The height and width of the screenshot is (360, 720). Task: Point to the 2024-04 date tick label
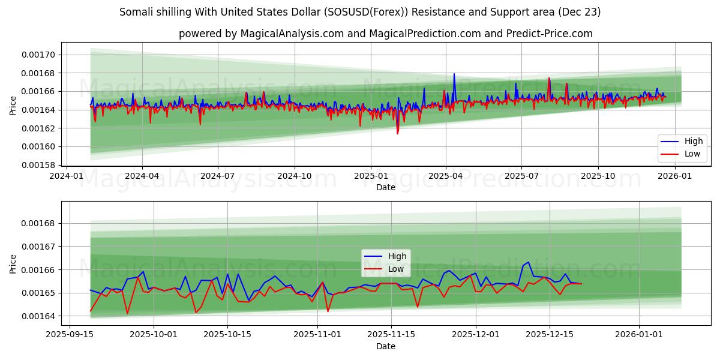pyautogui.click(x=142, y=176)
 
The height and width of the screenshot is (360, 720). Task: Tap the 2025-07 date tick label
pyautogui.click(x=521, y=176)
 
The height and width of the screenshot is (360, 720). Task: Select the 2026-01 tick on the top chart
pyautogui.click(x=676, y=176)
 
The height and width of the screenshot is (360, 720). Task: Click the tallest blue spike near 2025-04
pyautogui.click(x=454, y=74)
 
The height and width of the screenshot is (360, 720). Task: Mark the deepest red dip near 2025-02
pyautogui.click(x=397, y=133)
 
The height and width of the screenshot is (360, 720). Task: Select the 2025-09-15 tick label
pyautogui.click(x=70, y=335)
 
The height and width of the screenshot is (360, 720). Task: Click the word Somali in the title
pyautogui.click(x=135, y=12)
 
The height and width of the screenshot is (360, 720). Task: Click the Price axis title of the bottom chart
pyautogui.click(x=13, y=263)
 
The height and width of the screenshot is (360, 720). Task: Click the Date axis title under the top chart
pyautogui.click(x=385, y=187)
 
